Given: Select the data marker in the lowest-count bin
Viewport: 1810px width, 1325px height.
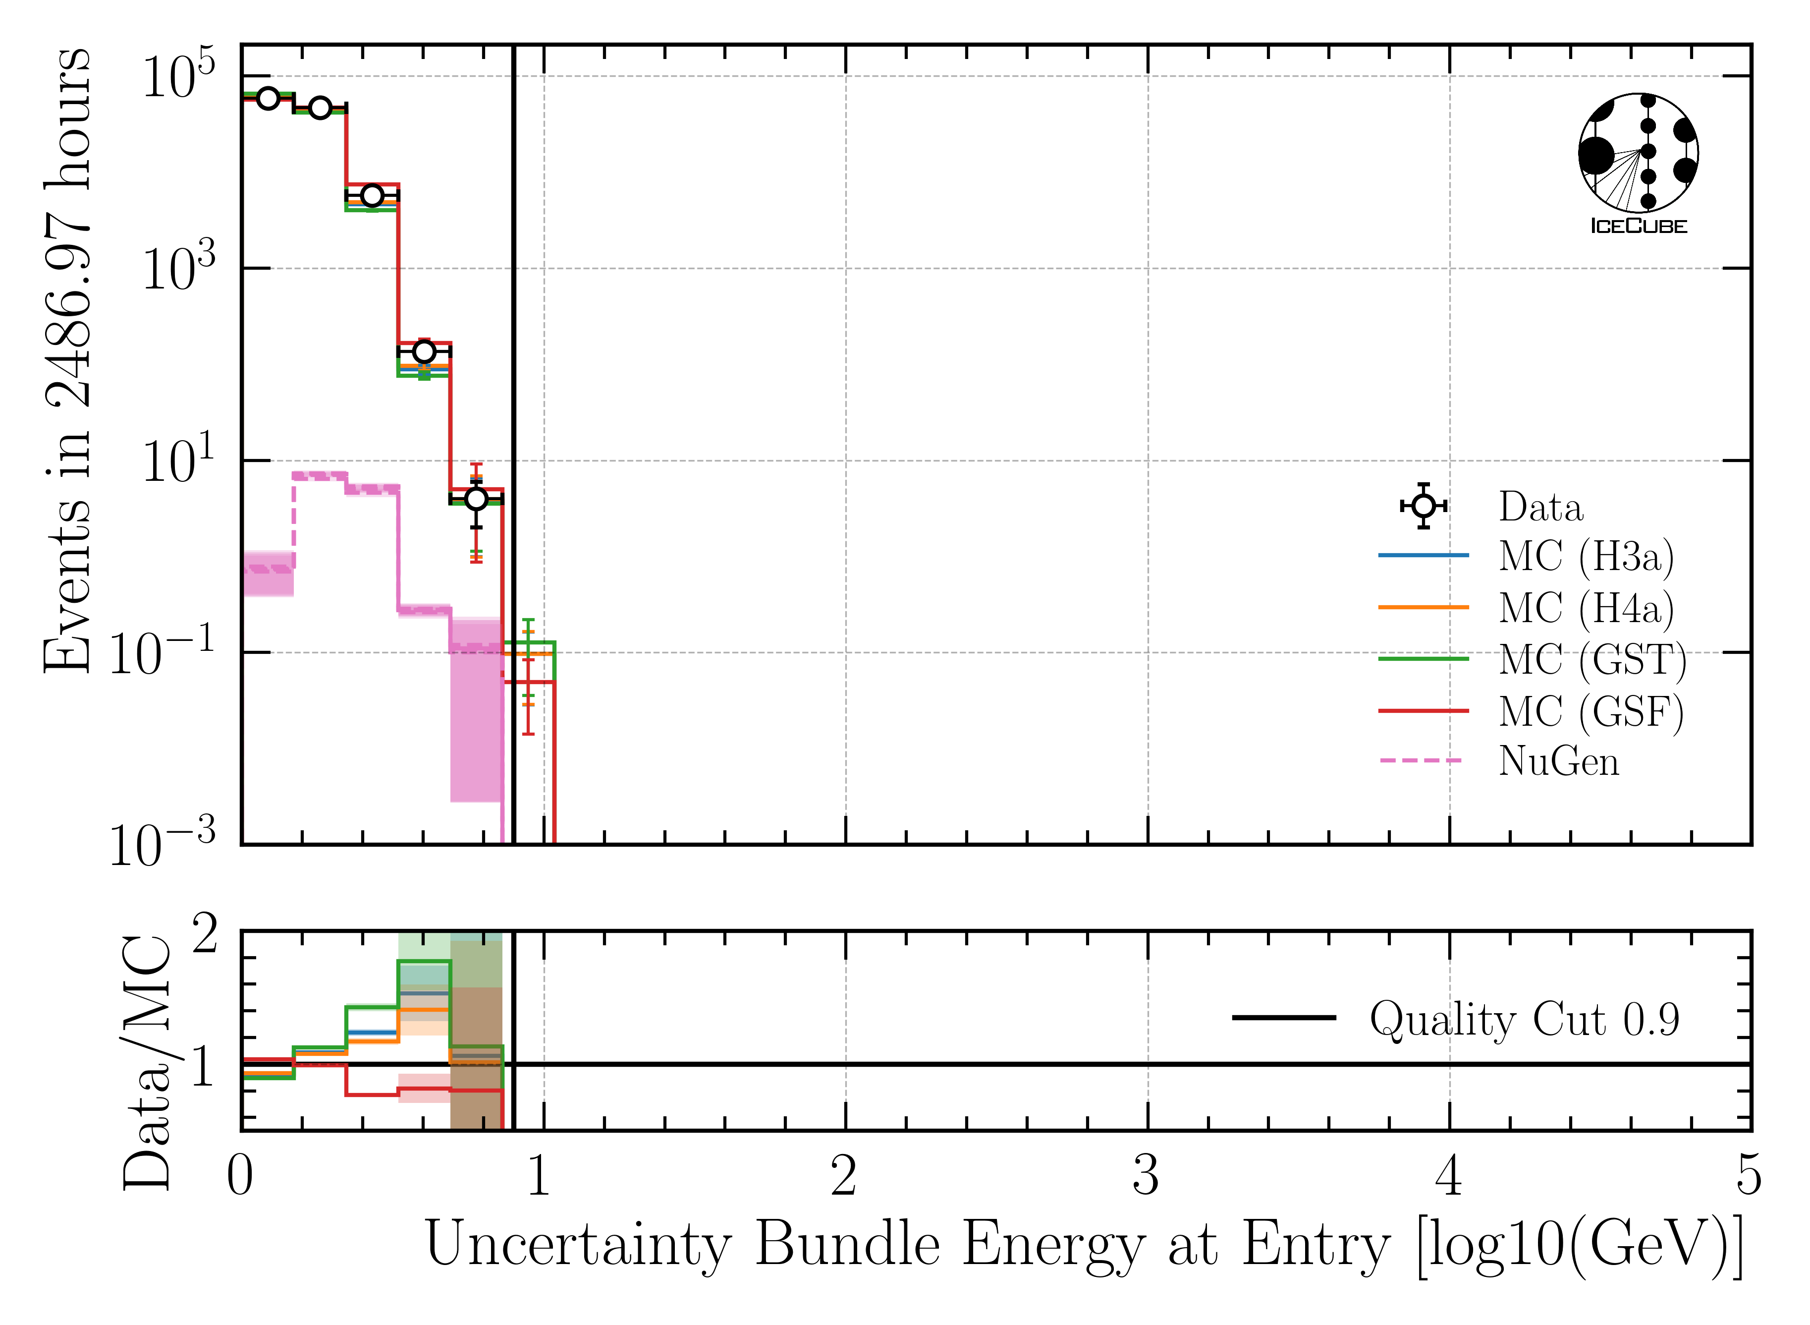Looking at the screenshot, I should pos(476,499).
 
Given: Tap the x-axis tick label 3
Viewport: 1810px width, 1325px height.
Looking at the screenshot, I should pos(1146,1177).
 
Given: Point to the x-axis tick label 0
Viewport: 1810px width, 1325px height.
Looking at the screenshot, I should pos(240,1177).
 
